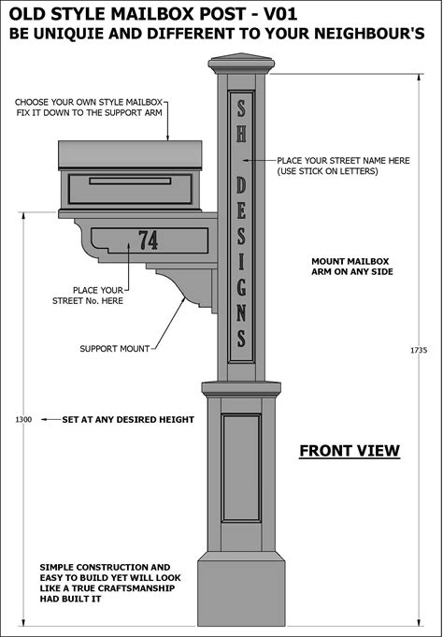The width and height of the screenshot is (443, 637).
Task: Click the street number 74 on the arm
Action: point(149,240)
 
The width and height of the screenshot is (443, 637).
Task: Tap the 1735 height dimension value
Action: point(419,350)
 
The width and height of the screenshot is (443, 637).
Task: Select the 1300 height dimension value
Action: point(23,420)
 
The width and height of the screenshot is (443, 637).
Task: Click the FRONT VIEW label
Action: point(350,451)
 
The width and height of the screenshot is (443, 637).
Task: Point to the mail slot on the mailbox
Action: point(130,181)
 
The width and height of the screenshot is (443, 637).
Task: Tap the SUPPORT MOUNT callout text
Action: point(115,349)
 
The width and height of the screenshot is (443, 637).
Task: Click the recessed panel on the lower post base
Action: point(241,468)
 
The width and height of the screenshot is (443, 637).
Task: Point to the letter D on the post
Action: point(241,185)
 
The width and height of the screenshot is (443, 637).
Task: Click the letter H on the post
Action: point(241,133)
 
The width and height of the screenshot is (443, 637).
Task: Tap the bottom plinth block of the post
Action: point(241,589)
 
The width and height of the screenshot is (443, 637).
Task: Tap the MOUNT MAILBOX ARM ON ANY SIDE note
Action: point(352,267)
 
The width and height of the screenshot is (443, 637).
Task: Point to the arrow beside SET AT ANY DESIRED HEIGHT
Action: point(50,419)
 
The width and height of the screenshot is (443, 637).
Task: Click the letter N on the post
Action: point(241,313)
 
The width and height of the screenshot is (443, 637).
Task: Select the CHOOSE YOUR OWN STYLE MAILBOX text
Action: point(89,102)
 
